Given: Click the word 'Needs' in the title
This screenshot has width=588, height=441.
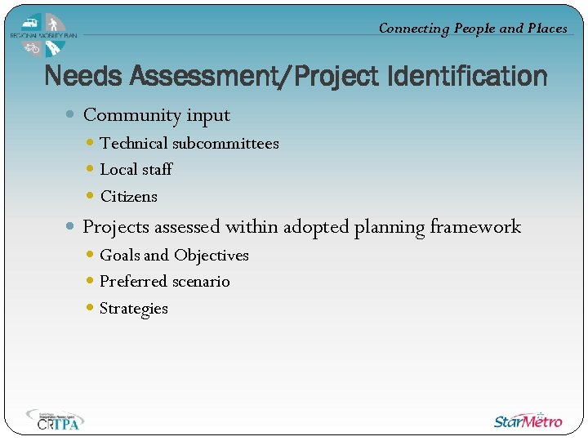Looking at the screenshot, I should click(x=82, y=77).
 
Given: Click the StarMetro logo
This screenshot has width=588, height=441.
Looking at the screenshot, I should click(x=528, y=421).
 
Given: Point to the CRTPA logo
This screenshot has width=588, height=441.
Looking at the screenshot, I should click(x=55, y=419).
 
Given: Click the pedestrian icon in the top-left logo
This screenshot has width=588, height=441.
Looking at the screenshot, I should click(x=53, y=24).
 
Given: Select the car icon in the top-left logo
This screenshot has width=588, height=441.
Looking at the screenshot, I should click(x=31, y=23).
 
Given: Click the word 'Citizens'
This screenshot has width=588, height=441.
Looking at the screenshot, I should click(x=128, y=196).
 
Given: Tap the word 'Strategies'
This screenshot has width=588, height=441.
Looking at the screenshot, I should click(x=133, y=309).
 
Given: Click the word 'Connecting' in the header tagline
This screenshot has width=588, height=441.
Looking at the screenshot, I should click(x=414, y=28).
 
